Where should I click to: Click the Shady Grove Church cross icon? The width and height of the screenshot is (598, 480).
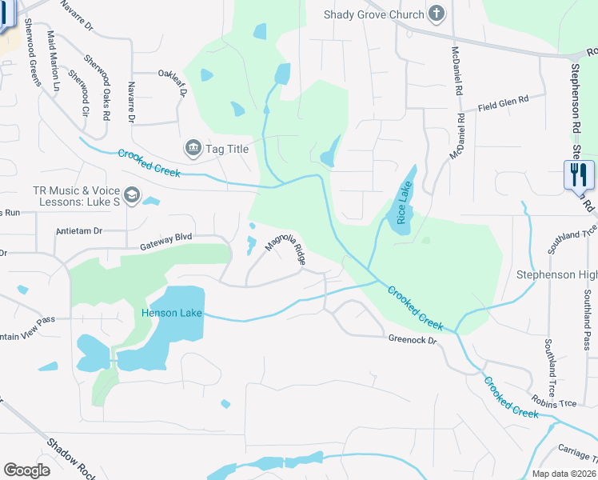[436, 14]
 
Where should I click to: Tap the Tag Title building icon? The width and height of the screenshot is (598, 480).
[193, 148]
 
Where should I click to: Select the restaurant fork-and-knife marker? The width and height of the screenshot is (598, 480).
[579, 175]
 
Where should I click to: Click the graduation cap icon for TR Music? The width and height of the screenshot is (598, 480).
[132, 195]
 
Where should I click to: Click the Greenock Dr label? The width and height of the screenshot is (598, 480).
[413, 340]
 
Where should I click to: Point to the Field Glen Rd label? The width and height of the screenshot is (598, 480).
[504, 102]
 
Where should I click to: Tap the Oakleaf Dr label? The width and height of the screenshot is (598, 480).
[172, 82]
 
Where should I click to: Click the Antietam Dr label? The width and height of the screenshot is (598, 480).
[80, 231]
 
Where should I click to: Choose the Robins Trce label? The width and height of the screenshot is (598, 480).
[554, 403]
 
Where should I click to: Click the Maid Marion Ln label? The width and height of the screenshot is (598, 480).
[54, 59]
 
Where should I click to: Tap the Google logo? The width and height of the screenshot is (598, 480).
[27, 470]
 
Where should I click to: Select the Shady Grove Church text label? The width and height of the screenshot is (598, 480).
[373, 14]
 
